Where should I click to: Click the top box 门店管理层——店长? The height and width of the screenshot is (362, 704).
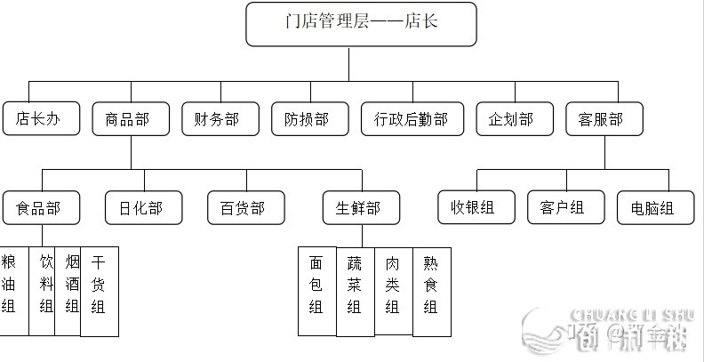click(x=361, y=24)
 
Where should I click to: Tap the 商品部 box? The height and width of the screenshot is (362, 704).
click(x=131, y=119)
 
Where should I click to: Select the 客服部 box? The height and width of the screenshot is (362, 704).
click(x=604, y=119)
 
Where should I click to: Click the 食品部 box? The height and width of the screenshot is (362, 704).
click(x=42, y=209)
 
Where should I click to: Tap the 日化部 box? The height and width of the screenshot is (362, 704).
click(x=143, y=209)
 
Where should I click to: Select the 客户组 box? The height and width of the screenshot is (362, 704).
click(x=565, y=208)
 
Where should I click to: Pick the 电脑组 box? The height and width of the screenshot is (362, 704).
click(x=656, y=208)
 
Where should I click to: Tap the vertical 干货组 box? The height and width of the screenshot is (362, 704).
click(x=99, y=292)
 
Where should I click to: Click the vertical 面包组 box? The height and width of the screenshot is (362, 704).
click(x=316, y=292)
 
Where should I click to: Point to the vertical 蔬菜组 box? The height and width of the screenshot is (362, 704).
click(x=355, y=292)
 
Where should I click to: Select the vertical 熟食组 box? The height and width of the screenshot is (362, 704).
click(x=431, y=292)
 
